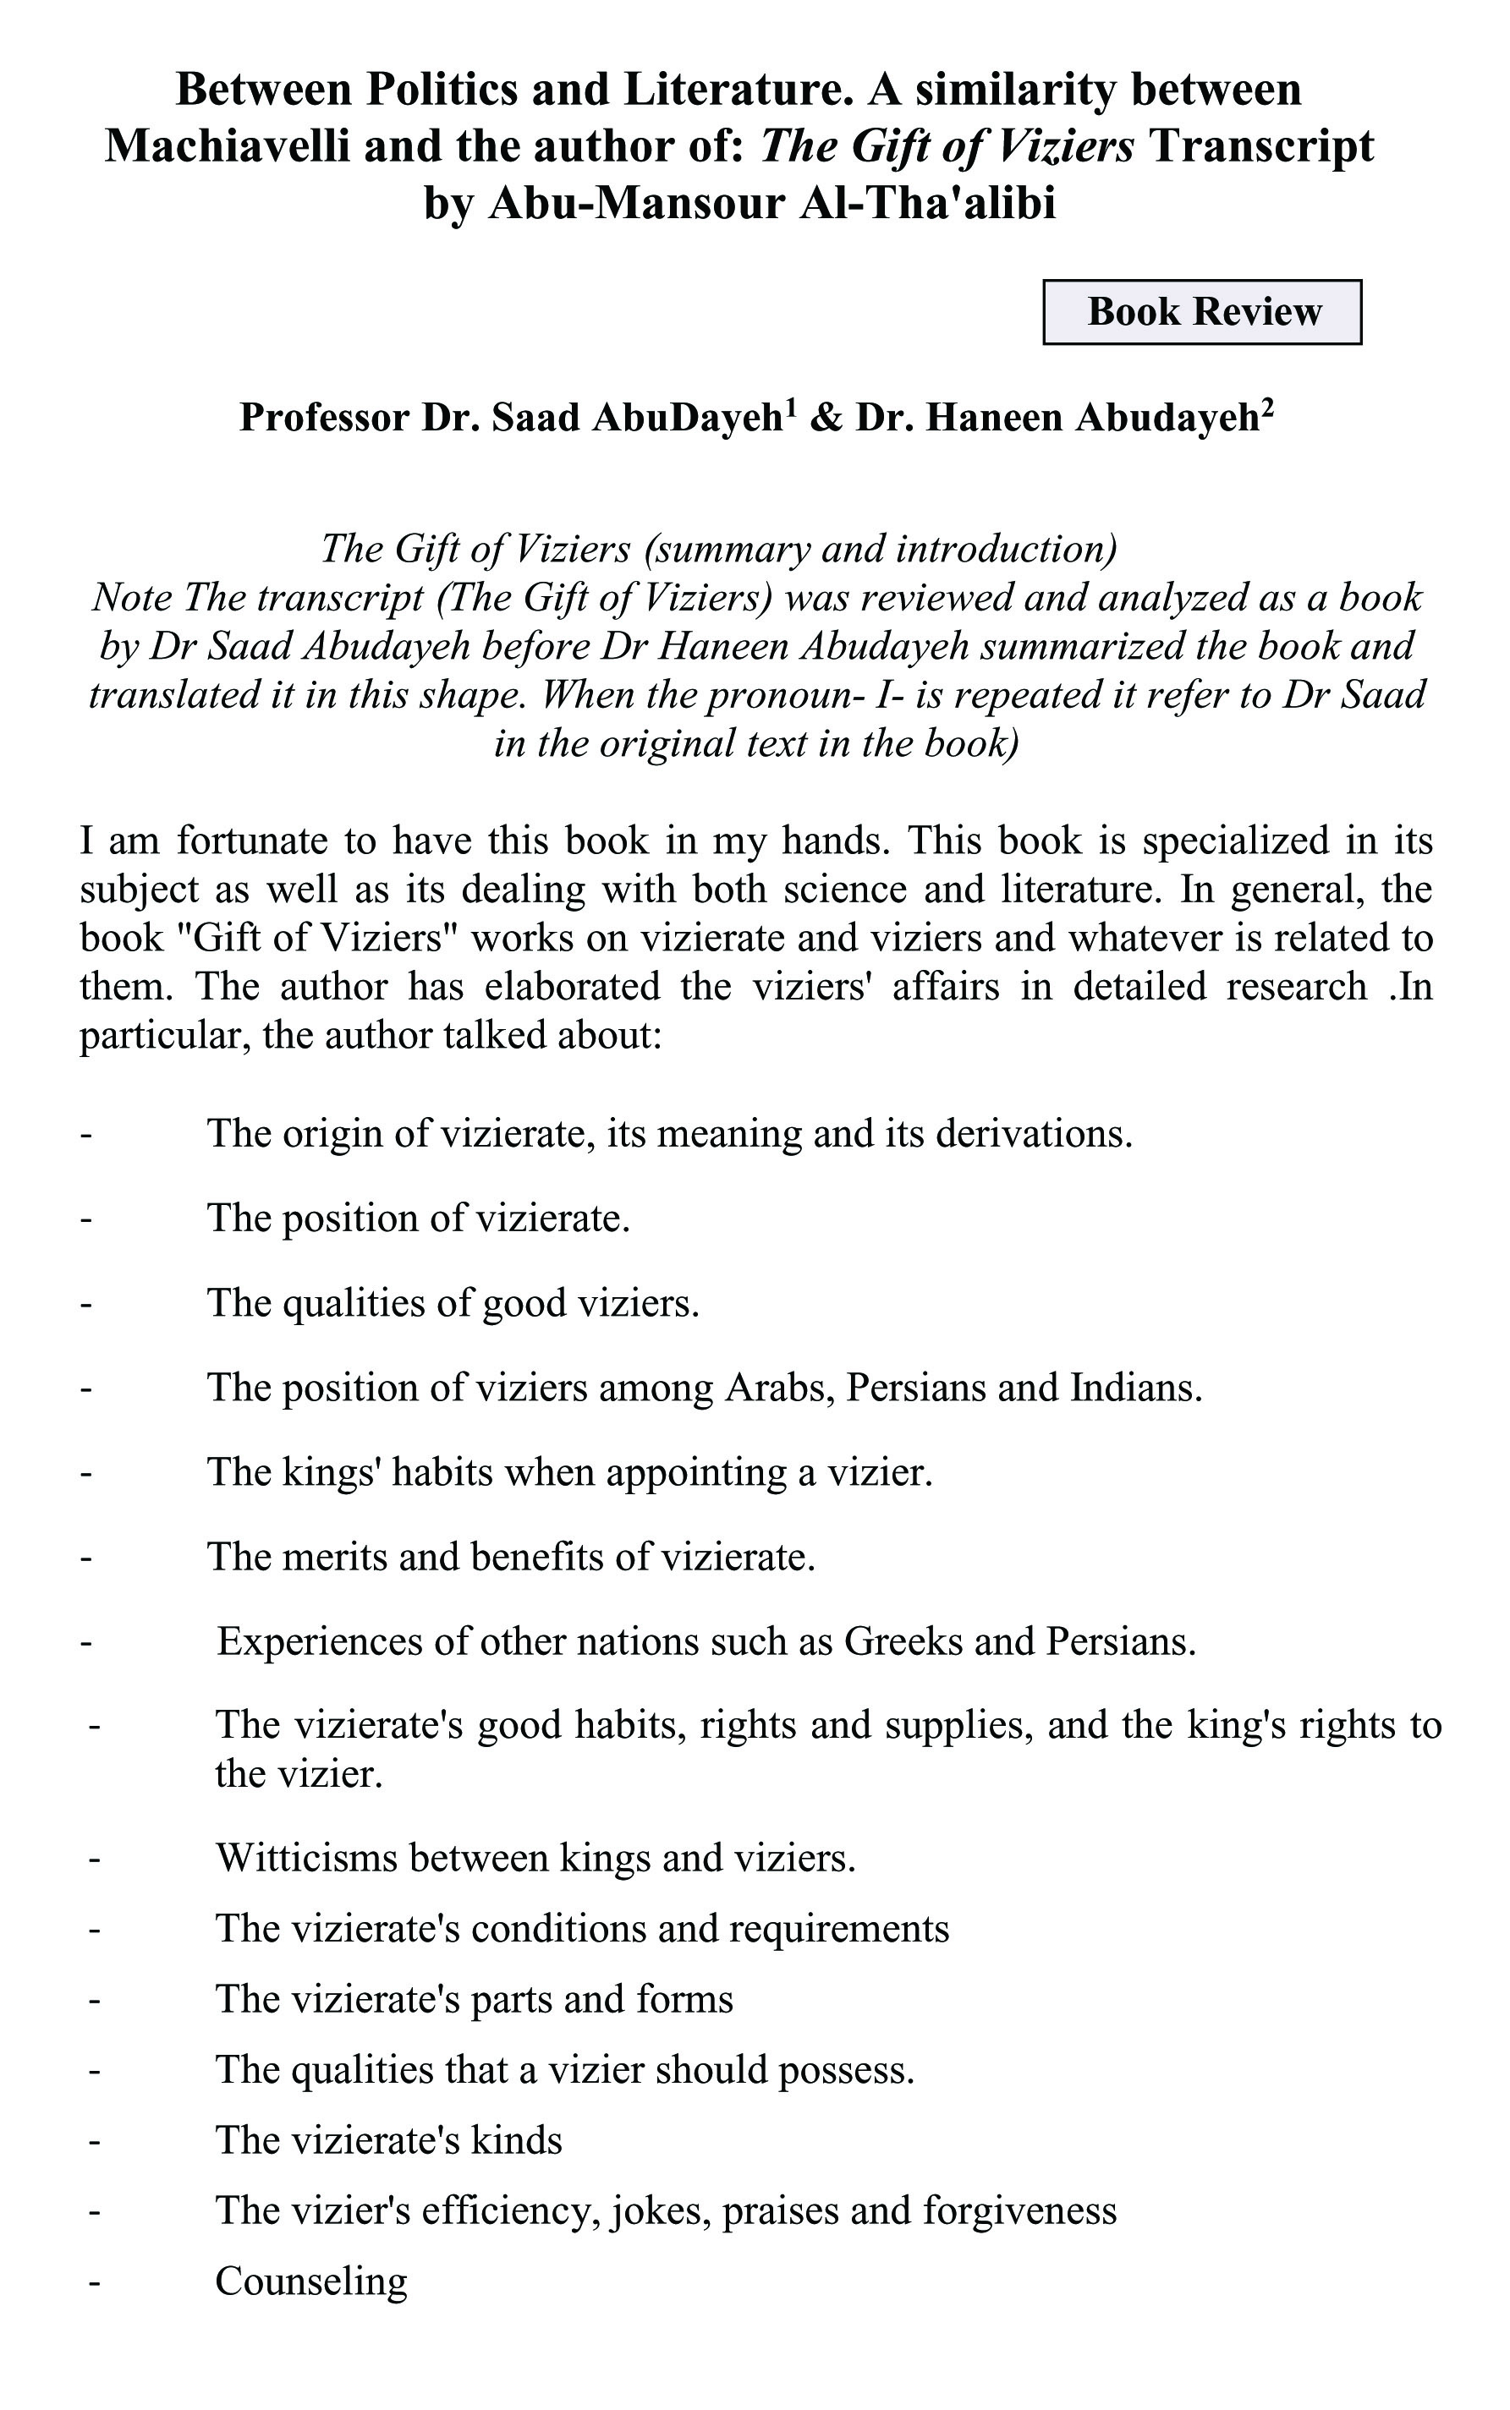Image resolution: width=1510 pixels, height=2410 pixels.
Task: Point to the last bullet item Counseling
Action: click(311, 2281)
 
